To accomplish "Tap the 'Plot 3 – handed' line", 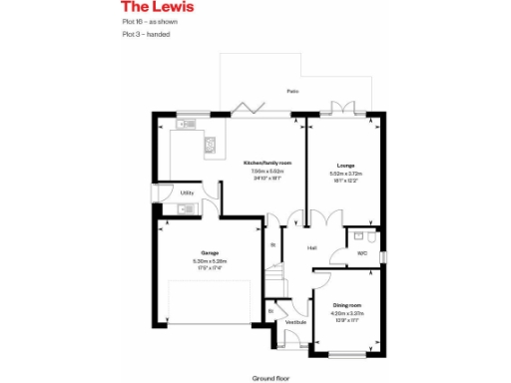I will (146, 34).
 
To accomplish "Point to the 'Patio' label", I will (292, 91).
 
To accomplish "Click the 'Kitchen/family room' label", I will (269, 163).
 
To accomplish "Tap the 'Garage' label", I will (210, 253).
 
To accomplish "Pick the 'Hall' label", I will (311, 247).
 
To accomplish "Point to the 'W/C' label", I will (362, 253).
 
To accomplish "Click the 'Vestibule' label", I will (295, 322).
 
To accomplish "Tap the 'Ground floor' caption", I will (268, 378).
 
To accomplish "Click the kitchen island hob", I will (211, 147).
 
